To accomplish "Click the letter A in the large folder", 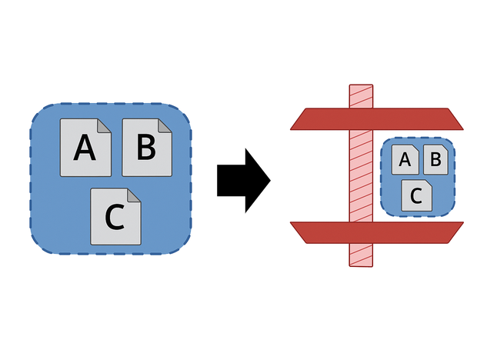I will [x=85, y=147].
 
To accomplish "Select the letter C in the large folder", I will [x=114, y=218].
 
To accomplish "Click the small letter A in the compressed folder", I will [x=405, y=162].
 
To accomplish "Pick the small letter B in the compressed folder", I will [x=434, y=160].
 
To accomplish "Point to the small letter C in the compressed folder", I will [x=416, y=195].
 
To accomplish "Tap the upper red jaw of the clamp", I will [x=377, y=119].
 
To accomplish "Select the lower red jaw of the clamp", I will [x=377, y=232].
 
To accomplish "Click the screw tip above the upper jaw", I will [x=360, y=95].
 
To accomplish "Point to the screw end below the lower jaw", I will [x=360, y=256].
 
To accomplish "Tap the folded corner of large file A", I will [x=105, y=126].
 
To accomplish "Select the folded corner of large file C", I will [x=135, y=195].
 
